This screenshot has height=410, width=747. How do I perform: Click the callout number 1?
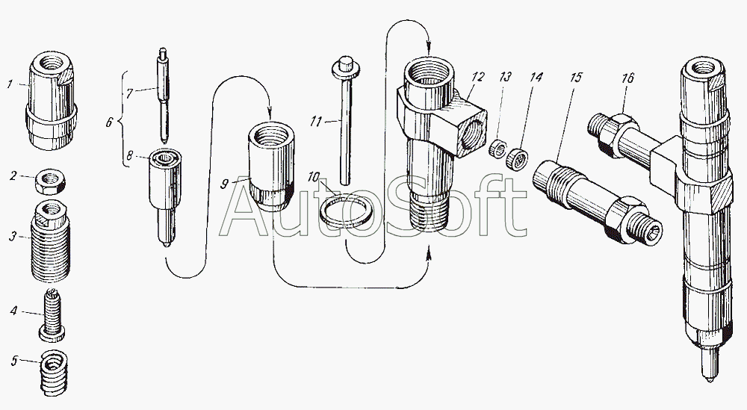pyautogui.click(x=9, y=84)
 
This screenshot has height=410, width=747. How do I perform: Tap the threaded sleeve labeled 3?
pyautogui.click(x=51, y=241)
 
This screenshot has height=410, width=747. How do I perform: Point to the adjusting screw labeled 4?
pyautogui.click(x=52, y=315)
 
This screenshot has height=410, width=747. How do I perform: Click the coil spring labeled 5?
pyautogui.click(x=52, y=373)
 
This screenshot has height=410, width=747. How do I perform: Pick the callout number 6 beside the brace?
pyautogui.click(x=109, y=122)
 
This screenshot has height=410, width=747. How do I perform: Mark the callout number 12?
pyautogui.click(x=478, y=77)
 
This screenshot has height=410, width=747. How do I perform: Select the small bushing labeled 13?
pyautogui.click(x=498, y=150)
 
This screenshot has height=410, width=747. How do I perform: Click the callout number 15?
pyautogui.click(x=576, y=77)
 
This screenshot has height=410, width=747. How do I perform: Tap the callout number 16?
pyautogui.click(x=628, y=78)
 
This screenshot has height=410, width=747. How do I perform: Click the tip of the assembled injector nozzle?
pyautogui.click(x=710, y=381)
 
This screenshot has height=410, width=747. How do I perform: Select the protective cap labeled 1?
pyautogui.click(x=51, y=101)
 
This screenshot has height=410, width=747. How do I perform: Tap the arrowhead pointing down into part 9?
pyautogui.click(x=270, y=114)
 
